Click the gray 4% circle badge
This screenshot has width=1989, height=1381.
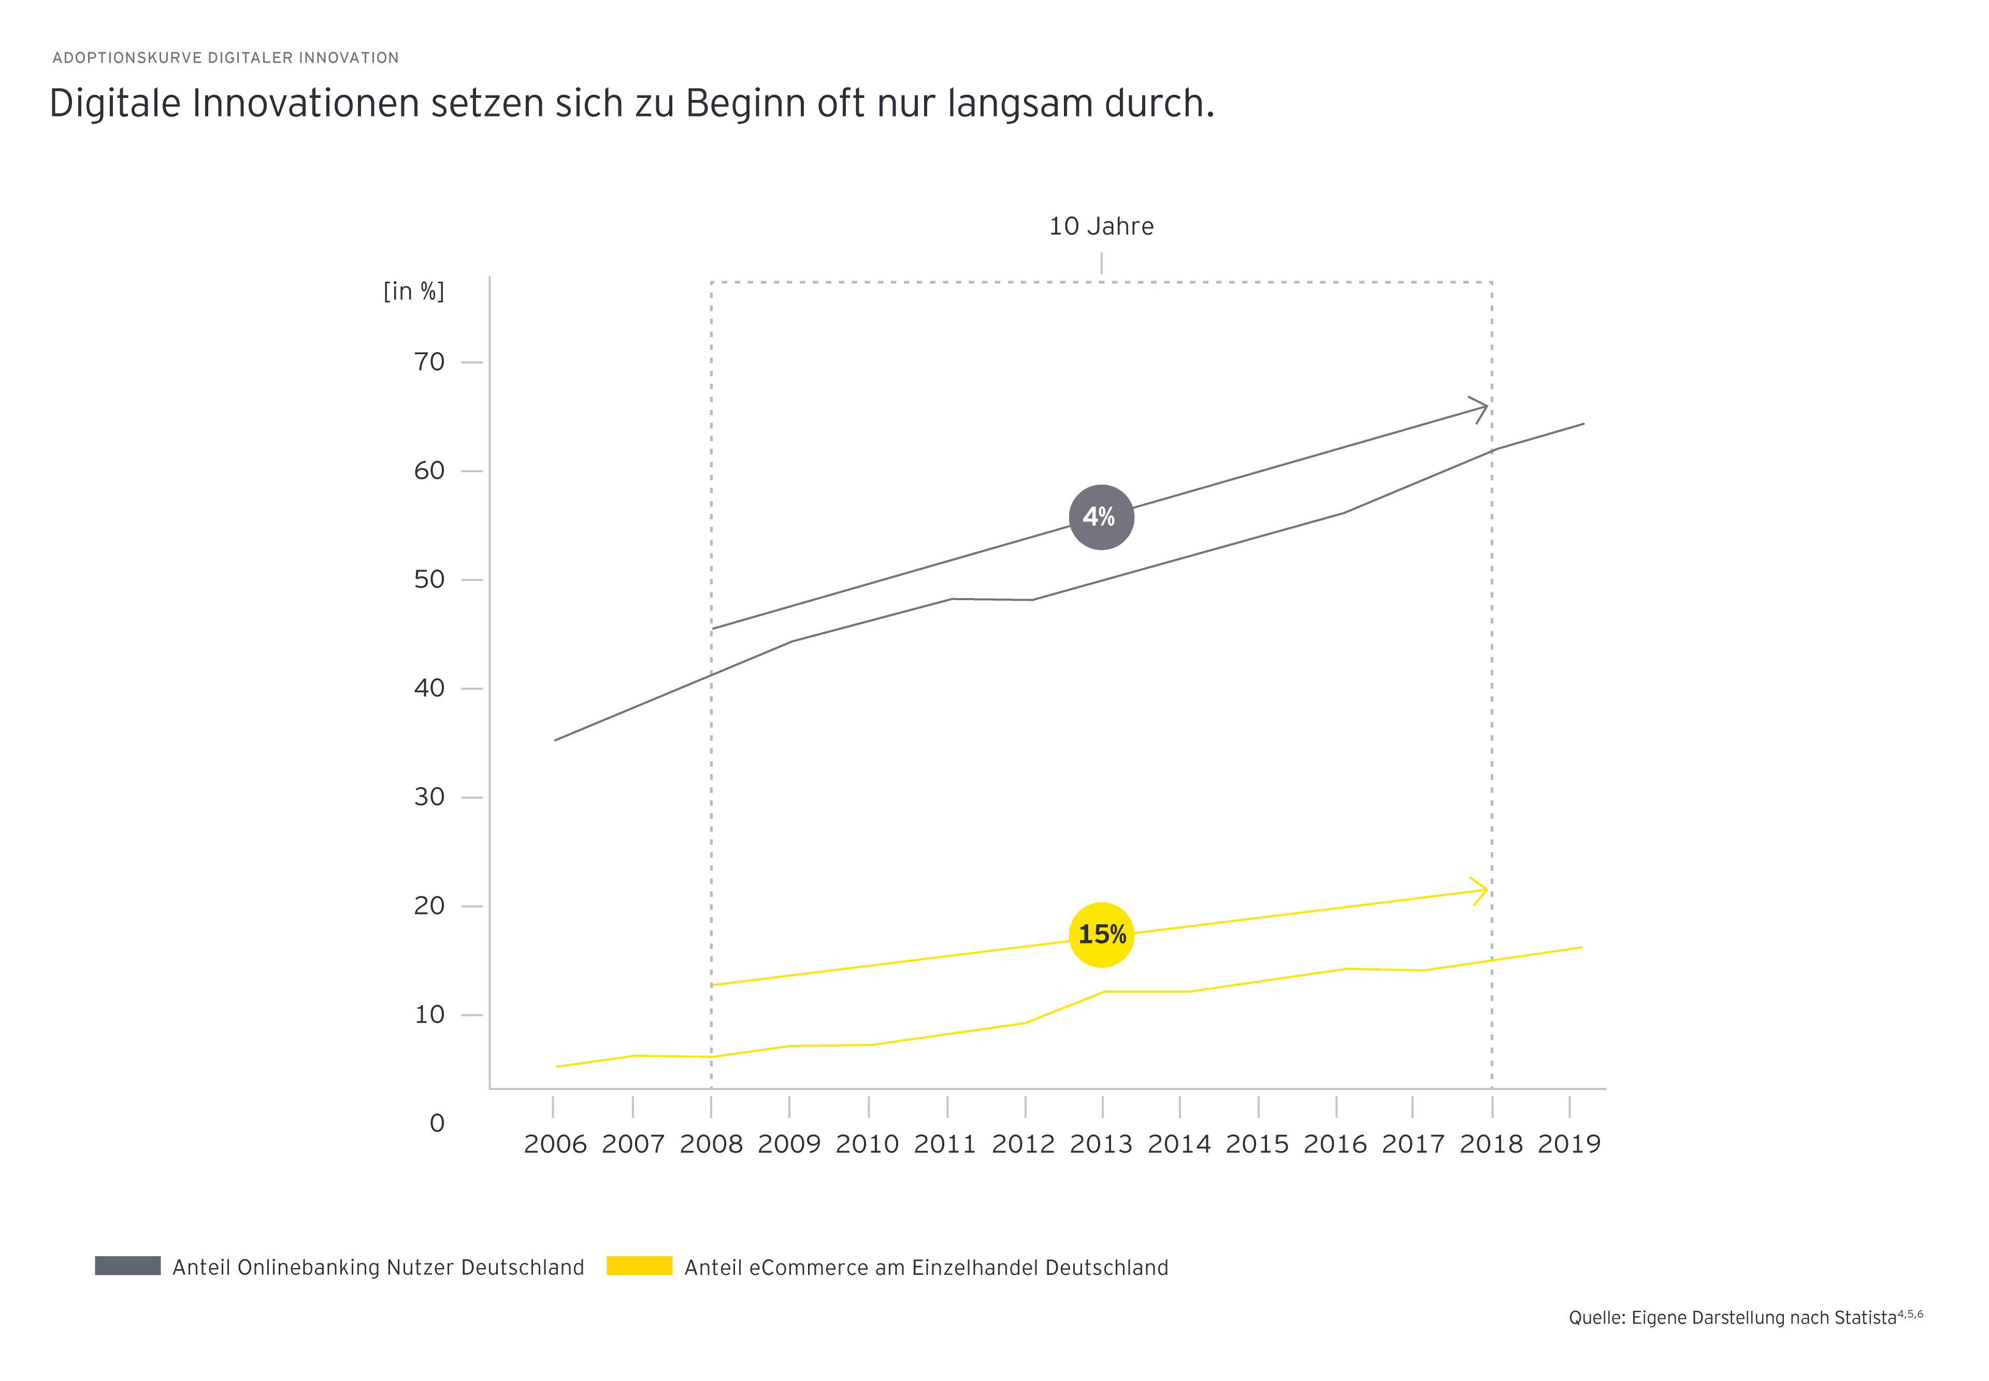click(1101, 517)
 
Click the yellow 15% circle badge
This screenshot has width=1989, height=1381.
click(1101, 935)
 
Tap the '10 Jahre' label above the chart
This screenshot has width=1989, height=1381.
click(1101, 227)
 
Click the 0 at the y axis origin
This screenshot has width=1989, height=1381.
click(437, 1123)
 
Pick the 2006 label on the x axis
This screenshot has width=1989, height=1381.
click(555, 1144)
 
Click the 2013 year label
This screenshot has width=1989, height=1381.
click(1101, 1144)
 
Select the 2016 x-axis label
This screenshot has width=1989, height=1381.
click(1335, 1144)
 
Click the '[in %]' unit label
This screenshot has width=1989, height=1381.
click(414, 292)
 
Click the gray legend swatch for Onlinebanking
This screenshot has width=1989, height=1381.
click(127, 1265)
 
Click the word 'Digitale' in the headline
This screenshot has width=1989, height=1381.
click(115, 104)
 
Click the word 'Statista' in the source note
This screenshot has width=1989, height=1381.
click(1861, 1318)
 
